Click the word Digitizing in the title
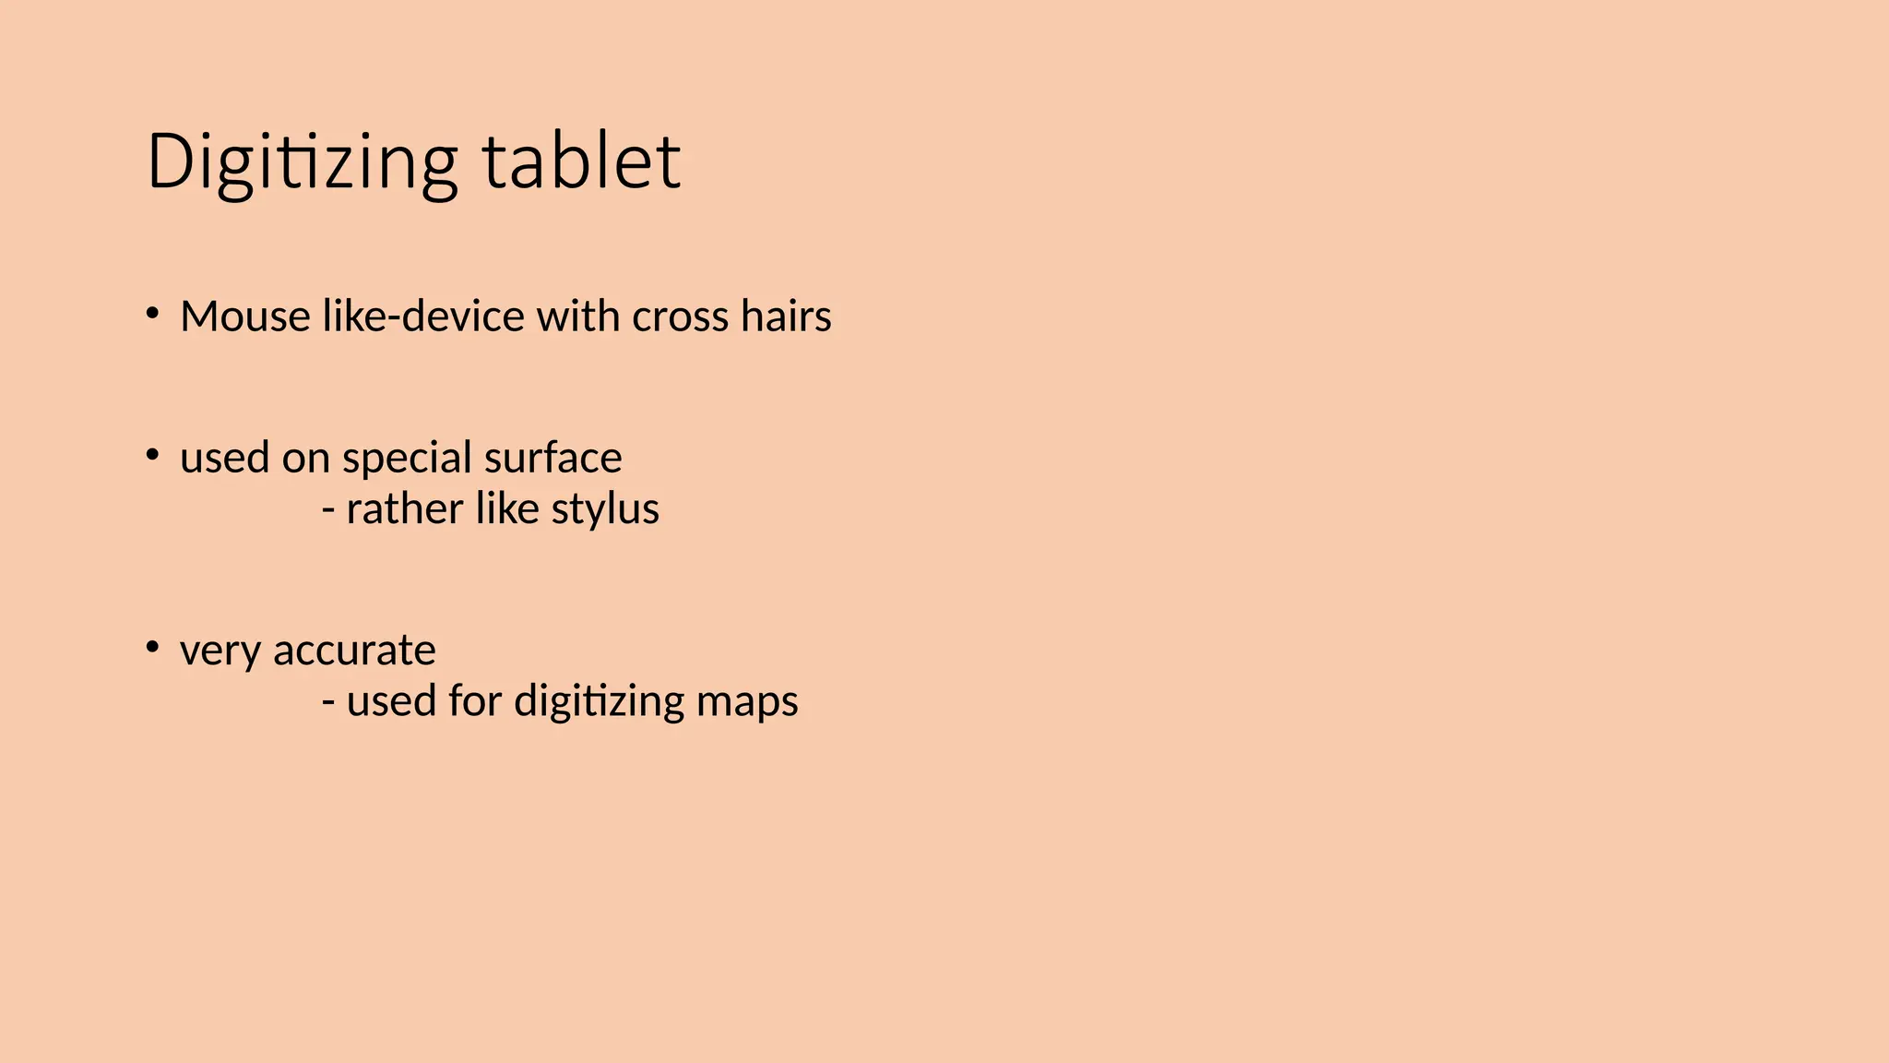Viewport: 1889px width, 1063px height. pos(302,162)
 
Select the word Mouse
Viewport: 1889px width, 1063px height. pos(245,317)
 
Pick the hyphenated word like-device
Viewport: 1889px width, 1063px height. pos(423,317)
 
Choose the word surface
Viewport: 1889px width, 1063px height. pos(552,459)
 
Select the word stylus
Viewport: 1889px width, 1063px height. pos(605,509)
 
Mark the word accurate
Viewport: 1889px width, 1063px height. pos(354,651)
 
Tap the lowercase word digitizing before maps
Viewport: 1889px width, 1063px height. pos(600,702)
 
